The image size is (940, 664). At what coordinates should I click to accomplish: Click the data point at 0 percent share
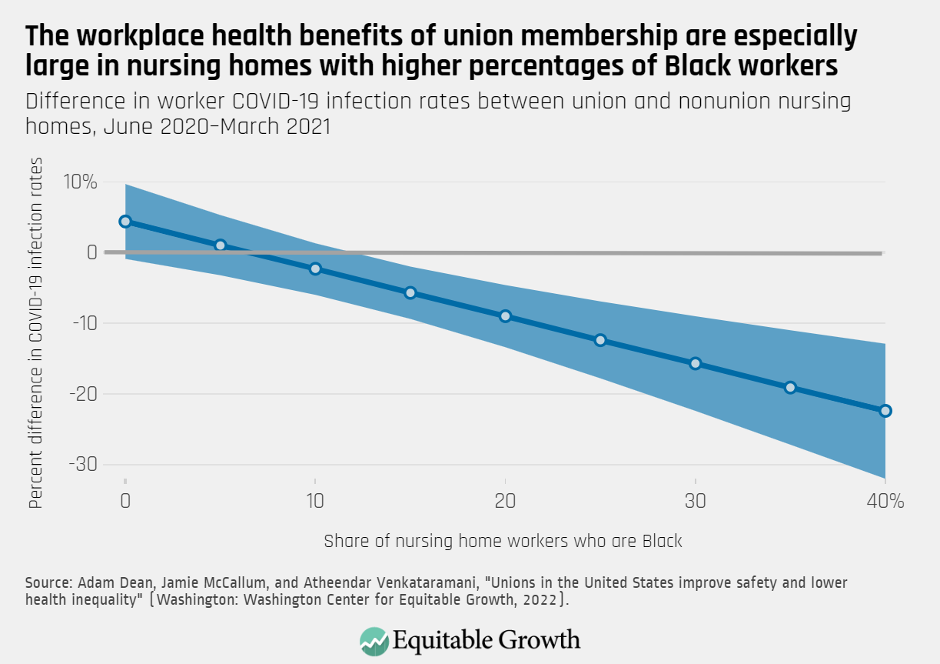pos(125,222)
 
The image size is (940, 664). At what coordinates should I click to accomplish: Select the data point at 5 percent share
pos(221,245)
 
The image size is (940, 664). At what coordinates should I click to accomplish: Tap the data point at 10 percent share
pos(315,269)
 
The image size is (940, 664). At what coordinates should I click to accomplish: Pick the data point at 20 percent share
pos(505,316)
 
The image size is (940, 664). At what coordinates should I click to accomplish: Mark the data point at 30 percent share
pos(696,363)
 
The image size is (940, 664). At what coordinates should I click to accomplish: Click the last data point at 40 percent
pos(885,411)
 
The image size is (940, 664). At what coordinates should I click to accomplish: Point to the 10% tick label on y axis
pos(80,182)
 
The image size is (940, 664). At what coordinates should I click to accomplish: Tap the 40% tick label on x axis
pos(885,501)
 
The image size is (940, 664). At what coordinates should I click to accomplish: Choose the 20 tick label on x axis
pos(505,501)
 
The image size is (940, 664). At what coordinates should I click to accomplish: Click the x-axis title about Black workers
pos(503,541)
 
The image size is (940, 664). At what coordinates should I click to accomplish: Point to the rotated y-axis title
pos(36,332)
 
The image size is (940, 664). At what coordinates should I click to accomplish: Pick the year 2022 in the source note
pos(542,600)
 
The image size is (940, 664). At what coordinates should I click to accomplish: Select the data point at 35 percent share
pos(790,387)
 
